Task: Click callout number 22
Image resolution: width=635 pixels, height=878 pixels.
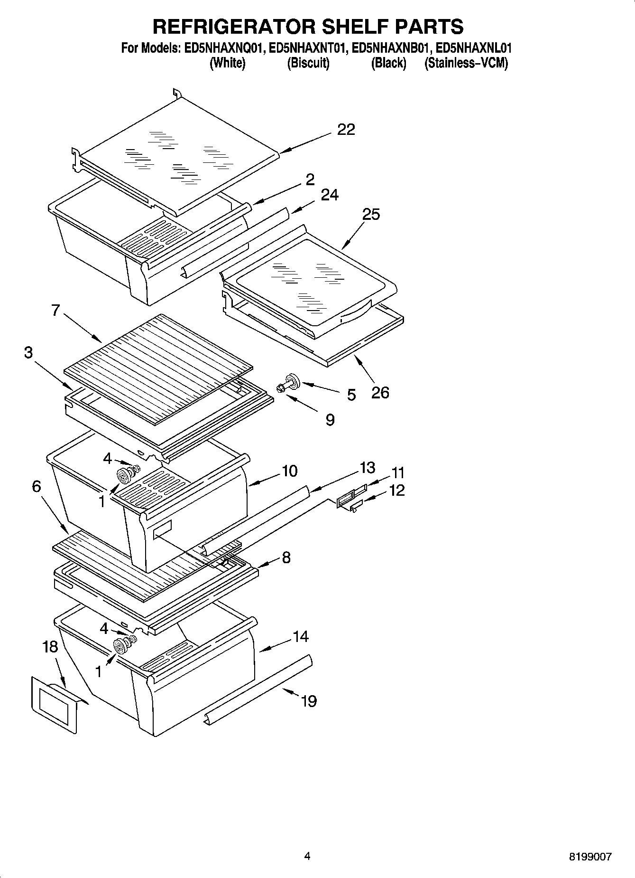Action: pyautogui.click(x=346, y=129)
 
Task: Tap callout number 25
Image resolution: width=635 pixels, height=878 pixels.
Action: pyautogui.click(x=371, y=215)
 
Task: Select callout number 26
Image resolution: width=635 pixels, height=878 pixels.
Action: pyautogui.click(x=380, y=392)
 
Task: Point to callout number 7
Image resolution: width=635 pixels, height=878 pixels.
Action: pyautogui.click(x=55, y=311)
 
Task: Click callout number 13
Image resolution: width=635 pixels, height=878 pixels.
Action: pyautogui.click(x=368, y=468)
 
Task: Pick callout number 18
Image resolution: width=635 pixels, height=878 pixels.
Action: pyautogui.click(x=50, y=647)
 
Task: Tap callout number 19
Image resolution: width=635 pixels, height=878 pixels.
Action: pyautogui.click(x=309, y=701)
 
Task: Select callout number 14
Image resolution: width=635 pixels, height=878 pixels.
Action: pyautogui.click(x=301, y=636)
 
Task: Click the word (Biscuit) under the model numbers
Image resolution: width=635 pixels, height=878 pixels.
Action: pyautogui.click(x=308, y=63)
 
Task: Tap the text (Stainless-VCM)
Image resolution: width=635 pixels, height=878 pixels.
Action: pyautogui.click(x=466, y=63)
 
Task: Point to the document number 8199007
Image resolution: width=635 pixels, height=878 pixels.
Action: pyautogui.click(x=590, y=857)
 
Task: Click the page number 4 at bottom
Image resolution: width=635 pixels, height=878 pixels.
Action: pyautogui.click(x=307, y=856)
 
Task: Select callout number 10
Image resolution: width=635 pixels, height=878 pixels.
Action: pyautogui.click(x=289, y=471)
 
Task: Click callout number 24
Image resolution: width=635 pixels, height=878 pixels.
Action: pyautogui.click(x=330, y=195)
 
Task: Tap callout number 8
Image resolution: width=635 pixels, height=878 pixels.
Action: pyautogui.click(x=286, y=557)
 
